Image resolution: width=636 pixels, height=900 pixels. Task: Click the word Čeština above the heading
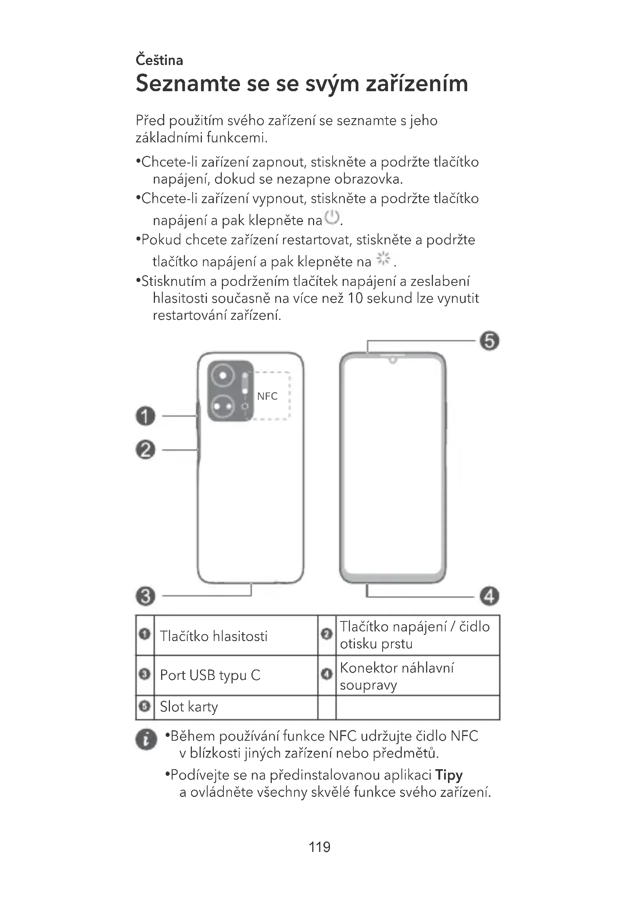159,60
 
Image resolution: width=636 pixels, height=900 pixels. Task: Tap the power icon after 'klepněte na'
333,217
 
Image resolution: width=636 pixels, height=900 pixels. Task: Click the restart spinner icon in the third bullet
383,258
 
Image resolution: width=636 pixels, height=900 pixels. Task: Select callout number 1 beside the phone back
145,416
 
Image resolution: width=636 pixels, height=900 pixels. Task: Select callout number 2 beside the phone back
145,449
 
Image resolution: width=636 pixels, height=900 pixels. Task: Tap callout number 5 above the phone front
489,341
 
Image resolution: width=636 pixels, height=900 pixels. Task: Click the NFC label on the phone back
267,396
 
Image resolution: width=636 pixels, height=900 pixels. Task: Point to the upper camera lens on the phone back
223,376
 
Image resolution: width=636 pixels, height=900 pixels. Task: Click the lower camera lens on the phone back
223,406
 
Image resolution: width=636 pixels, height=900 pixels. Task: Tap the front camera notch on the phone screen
393,360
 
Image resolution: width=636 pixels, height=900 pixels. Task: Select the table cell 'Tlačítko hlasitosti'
213,636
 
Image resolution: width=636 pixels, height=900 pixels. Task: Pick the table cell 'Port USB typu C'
210,675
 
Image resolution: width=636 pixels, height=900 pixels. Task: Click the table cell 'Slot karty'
189,707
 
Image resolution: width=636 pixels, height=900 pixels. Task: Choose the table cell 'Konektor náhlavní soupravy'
396,676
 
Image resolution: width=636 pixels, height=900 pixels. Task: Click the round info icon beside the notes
146,740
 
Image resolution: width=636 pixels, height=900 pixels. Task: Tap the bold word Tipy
449,775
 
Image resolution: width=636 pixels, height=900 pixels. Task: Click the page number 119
319,847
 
